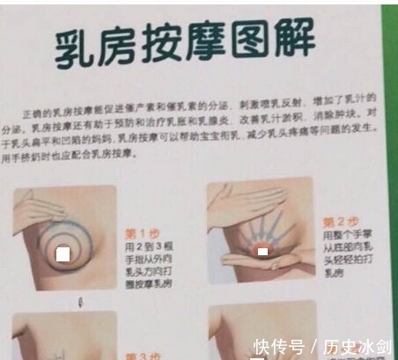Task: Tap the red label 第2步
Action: tap(339, 222)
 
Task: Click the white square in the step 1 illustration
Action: tap(62, 255)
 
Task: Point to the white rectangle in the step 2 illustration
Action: tap(262, 253)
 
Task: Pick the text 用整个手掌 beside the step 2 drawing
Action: tap(344, 236)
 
